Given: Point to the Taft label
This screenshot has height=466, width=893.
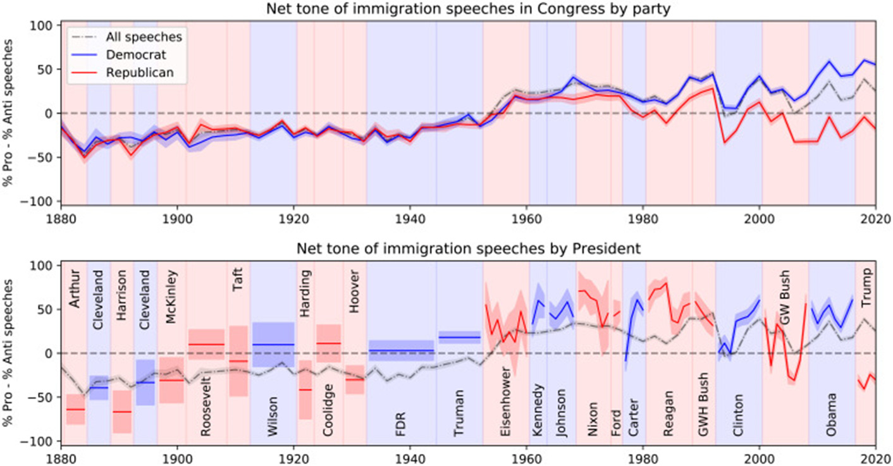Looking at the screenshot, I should pyautogui.click(x=238, y=278).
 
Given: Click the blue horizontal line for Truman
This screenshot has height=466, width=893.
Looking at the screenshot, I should pyautogui.click(x=459, y=337).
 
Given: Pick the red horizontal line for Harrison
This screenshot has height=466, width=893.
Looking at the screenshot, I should pyautogui.click(x=121, y=412).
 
